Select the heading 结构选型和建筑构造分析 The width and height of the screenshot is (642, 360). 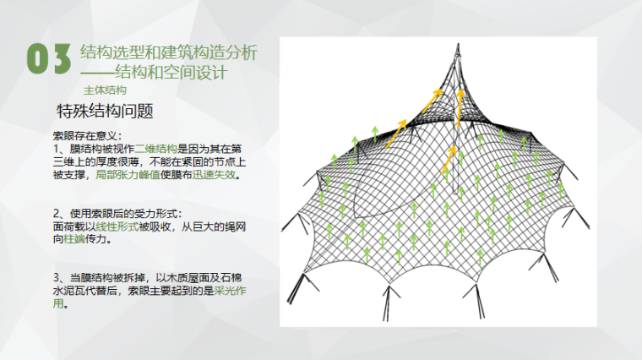point(168,52)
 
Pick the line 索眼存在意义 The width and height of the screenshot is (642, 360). point(87,135)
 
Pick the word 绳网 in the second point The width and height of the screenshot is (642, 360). point(237,227)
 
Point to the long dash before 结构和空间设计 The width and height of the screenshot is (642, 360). point(101,72)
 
